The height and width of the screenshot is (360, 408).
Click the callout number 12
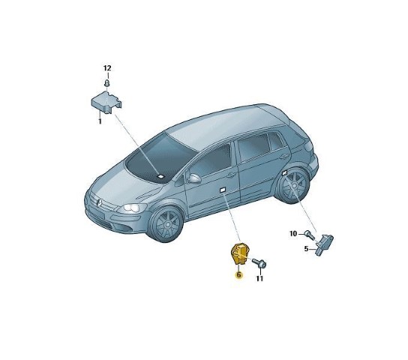click(x=107, y=68)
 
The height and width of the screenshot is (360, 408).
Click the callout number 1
click(x=100, y=121)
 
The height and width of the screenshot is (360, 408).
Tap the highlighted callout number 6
click(x=238, y=275)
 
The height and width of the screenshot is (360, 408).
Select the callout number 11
click(x=259, y=278)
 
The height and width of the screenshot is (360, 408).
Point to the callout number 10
click(x=293, y=234)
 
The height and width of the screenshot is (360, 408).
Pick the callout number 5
click(x=306, y=249)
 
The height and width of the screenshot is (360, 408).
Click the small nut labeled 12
click(x=107, y=83)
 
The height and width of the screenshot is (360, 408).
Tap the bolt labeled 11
click(x=259, y=262)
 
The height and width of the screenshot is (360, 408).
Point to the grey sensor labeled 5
click(x=324, y=244)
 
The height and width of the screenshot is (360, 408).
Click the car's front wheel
click(x=166, y=224)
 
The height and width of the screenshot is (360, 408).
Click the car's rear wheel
click(x=293, y=186)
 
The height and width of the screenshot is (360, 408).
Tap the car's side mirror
click(x=195, y=178)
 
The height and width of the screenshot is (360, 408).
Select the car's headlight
click(x=132, y=208)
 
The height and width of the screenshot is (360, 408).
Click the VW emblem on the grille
click(x=99, y=203)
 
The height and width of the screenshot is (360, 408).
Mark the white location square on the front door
click(x=223, y=190)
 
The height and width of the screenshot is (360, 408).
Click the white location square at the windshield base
click(x=161, y=176)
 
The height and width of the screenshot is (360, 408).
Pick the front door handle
click(x=231, y=175)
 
